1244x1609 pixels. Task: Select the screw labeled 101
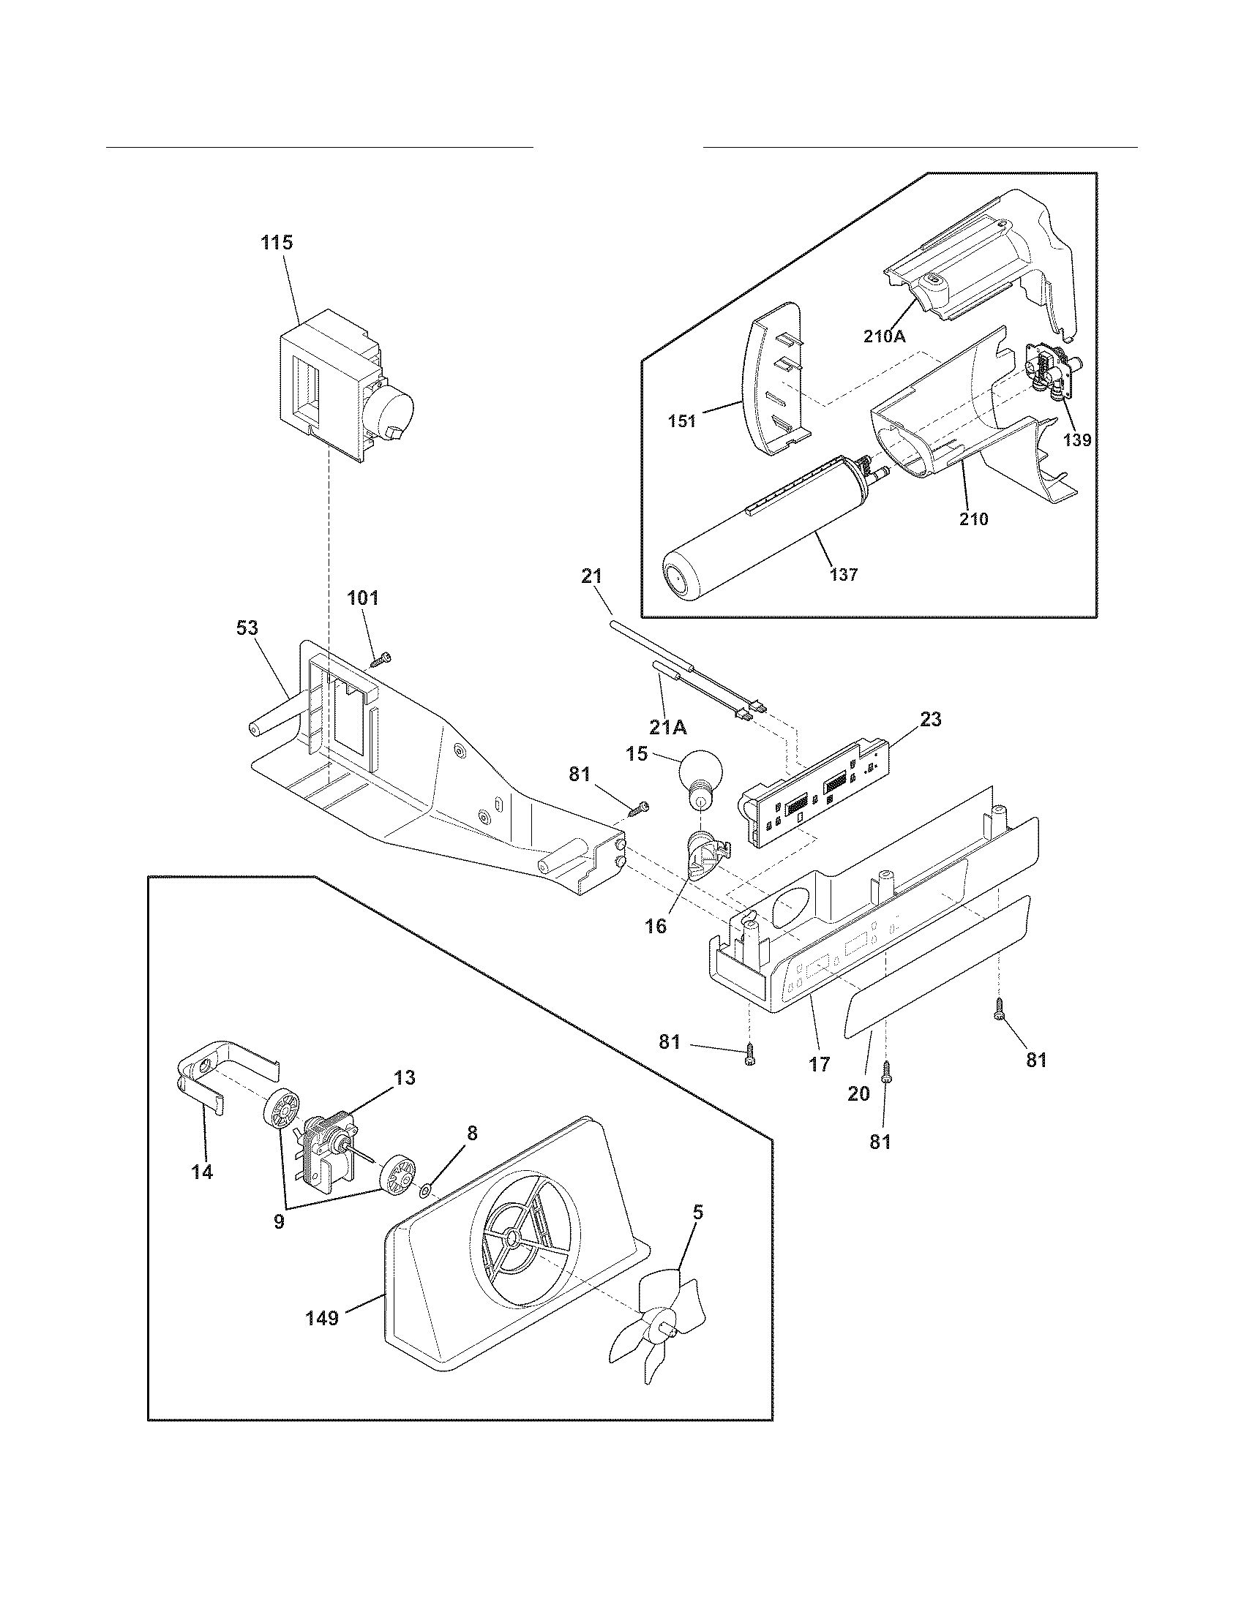pos(381,660)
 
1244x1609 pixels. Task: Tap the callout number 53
pos(247,628)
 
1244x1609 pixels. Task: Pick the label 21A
pos(668,728)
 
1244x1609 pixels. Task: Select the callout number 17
pos(818,1064)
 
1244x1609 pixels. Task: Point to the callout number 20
pos(858,1094)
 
